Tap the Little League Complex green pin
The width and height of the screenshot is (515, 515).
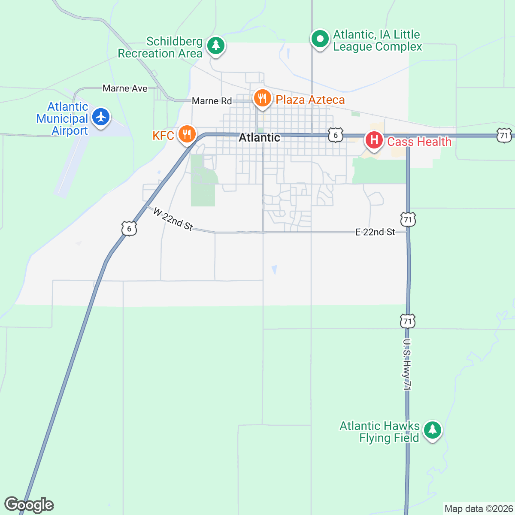[319, 39]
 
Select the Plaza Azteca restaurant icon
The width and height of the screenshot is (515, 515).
[262, 99]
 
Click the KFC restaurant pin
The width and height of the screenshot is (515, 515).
[187, 135]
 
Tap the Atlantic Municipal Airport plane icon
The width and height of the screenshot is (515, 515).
[101, 117]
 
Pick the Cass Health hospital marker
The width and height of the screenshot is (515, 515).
[374, 140]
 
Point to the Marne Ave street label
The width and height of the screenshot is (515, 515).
[125, 88]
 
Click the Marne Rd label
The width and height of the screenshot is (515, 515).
[212, 101]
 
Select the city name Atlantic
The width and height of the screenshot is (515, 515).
[259, 137]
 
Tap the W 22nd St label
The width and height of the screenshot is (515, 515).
[173, 219]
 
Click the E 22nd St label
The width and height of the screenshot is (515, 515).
[375, 232]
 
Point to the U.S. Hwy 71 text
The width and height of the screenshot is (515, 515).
[407, 364]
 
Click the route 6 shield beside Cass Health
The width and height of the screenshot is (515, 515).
[336, 135]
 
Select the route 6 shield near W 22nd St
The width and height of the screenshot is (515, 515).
[129, 228]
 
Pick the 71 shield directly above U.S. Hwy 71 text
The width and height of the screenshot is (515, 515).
[408, 321]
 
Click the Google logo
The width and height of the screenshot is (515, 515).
[29, 505]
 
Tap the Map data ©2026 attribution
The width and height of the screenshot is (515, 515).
[478, 509]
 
